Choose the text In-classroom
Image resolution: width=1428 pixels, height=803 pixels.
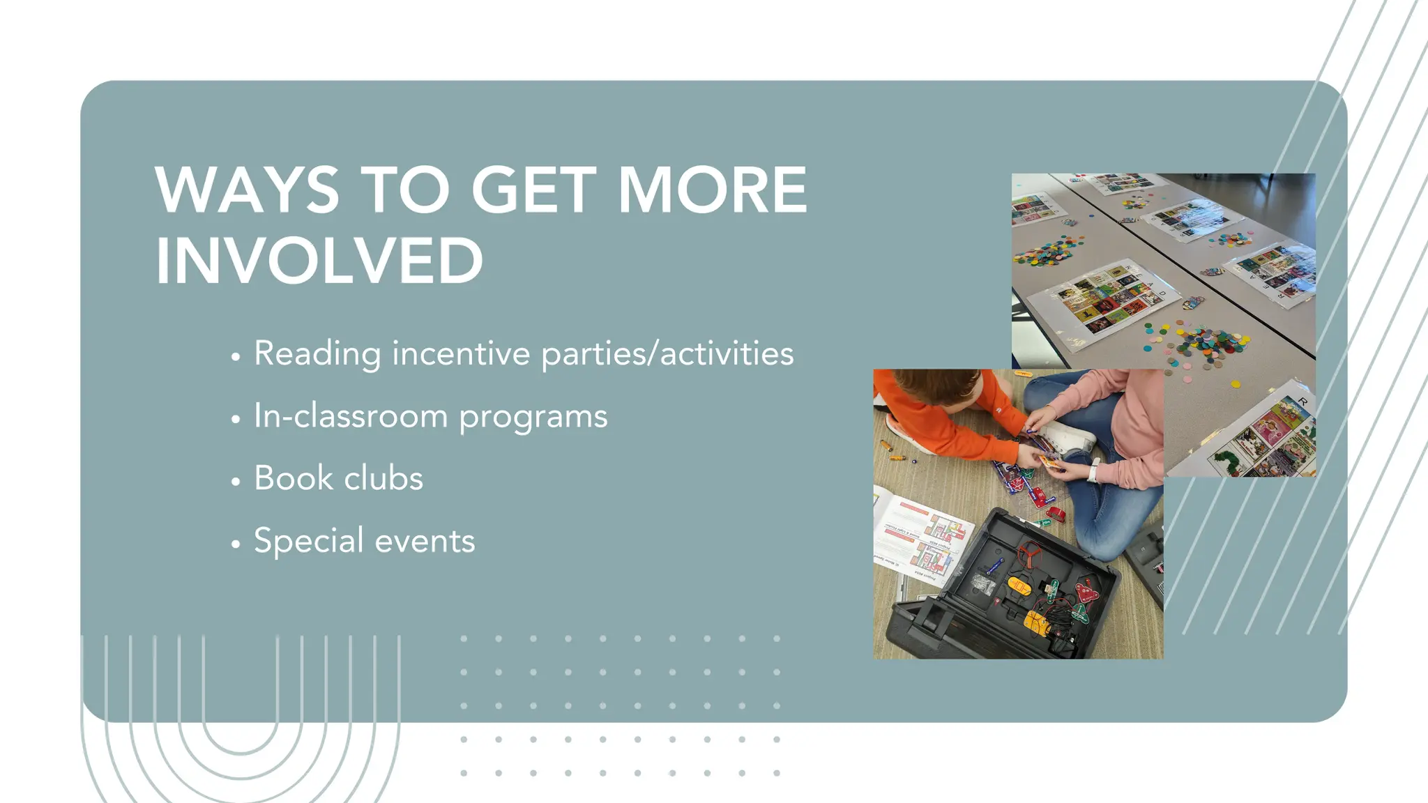click(x=351, y=416)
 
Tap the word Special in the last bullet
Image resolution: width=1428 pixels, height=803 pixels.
click(x=309, y=541)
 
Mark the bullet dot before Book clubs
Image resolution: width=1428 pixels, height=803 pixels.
click(x=236, y=482)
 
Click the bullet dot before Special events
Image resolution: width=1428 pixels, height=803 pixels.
click(x=236, y=544)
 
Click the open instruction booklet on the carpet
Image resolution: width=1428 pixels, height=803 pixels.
click(x=920, y=537)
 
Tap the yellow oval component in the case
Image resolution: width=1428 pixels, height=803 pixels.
click(x=1019, y=585)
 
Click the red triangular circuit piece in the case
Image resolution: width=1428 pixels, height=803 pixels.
click(x=1085, y=592)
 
